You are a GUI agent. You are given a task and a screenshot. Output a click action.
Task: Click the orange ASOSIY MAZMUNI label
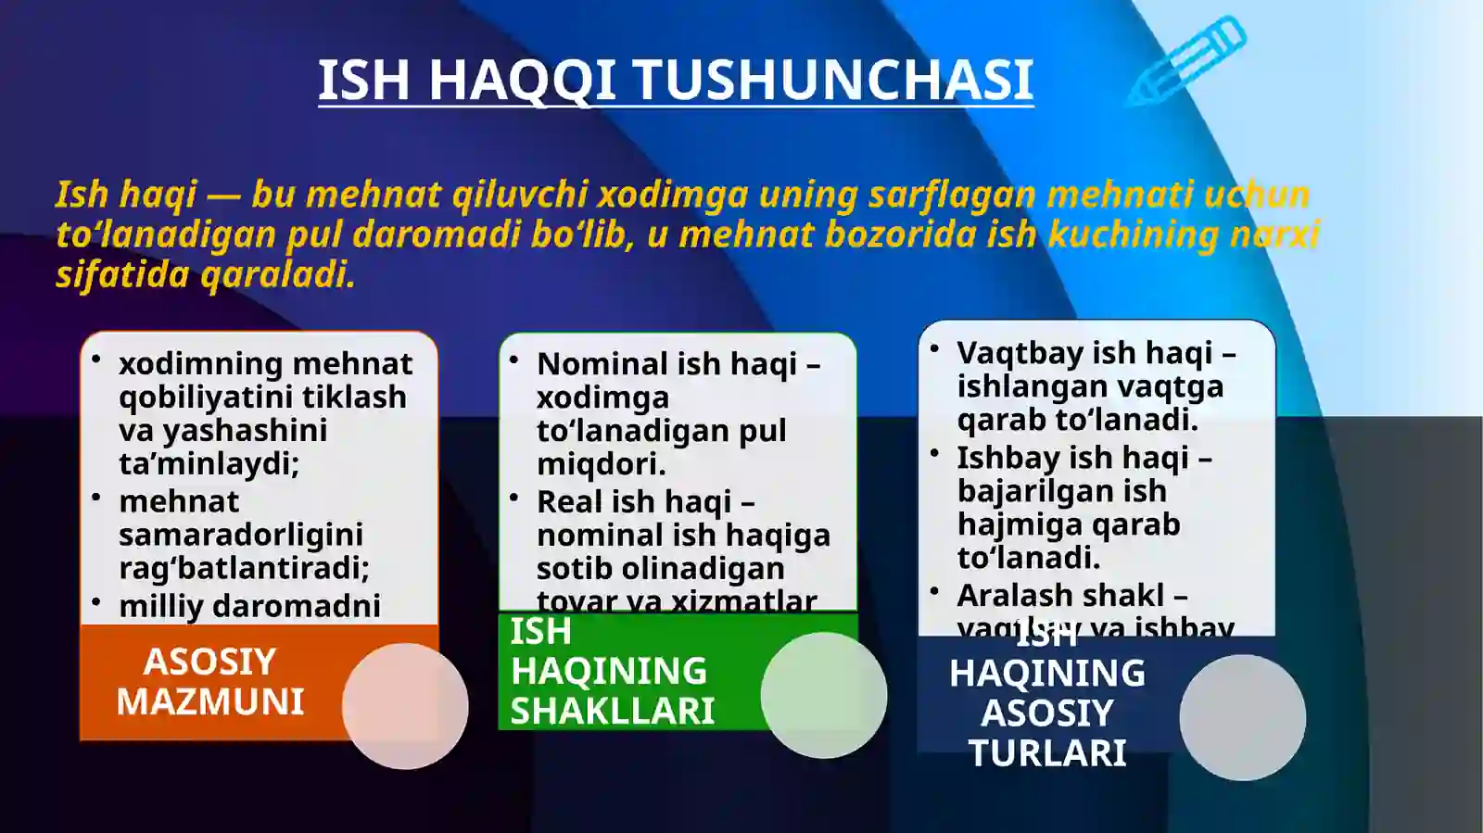point(210,682)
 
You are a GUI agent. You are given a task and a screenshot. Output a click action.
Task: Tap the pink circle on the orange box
point(405,706)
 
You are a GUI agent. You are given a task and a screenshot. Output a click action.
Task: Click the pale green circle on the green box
point(823,695)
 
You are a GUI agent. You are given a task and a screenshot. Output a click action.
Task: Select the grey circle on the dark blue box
point(1242,716)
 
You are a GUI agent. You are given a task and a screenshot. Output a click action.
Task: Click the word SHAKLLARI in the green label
point(613,712)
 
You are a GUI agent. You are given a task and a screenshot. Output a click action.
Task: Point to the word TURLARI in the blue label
point(1047,752)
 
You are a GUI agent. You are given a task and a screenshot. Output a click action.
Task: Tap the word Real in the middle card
point(569,502)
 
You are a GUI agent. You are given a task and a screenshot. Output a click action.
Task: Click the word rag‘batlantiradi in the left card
point(243,568)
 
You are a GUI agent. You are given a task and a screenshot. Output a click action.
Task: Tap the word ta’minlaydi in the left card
point(208,463)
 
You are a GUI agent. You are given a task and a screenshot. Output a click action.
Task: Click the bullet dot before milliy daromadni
point(96,602)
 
